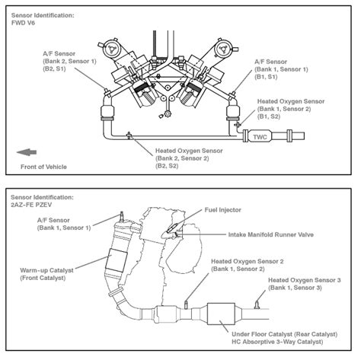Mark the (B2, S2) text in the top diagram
(168, 165)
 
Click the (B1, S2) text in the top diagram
(270, 117)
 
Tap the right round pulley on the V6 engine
(226, 45)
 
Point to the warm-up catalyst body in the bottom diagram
(120, 263)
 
